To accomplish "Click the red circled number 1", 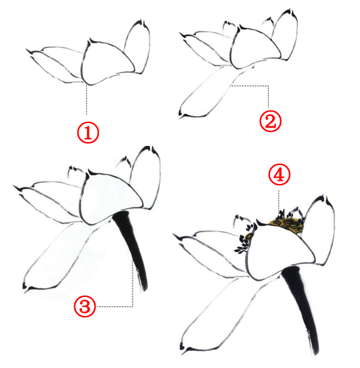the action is click(88, 133).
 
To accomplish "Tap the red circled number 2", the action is click(270, 121).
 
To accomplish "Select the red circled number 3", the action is click(85, 306).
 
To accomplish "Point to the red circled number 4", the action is click(279, 175).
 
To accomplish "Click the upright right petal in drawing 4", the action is click(322, 231).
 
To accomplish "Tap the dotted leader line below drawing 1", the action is click(87, 100).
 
